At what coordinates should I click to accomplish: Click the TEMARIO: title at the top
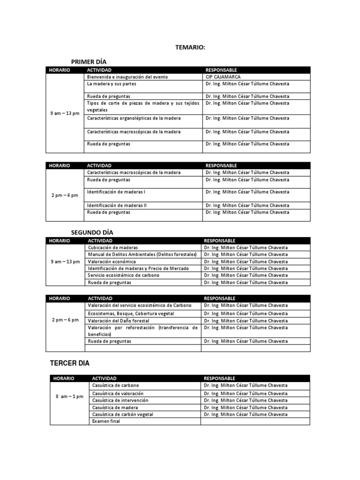[190, 47]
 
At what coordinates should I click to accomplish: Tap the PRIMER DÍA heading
[92, 61]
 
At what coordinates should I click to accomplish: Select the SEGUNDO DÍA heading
[92, 232]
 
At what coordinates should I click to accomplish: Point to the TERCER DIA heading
[70, 363]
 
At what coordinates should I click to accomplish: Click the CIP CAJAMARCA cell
[223, 77]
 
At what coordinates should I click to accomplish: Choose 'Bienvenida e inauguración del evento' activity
[127, 77]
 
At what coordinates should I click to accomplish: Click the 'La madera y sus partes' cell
[112, 84]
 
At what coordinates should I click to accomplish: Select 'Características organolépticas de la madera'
[134, 119]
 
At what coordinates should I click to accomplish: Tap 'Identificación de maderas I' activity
[116, 192]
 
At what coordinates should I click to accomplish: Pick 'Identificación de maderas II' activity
[117, 205]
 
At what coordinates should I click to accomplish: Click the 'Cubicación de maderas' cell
[113, 247]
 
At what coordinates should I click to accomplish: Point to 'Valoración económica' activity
[112, 262]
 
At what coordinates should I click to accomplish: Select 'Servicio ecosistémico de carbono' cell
[124, 275]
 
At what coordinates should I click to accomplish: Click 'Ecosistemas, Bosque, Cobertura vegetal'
[131, 314]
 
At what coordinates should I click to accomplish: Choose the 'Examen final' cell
[106, 421]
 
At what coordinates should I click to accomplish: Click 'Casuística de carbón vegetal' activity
[123, 414]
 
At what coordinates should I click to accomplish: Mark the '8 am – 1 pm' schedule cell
[69, 397]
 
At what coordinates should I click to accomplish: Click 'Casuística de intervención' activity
[120, 401]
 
